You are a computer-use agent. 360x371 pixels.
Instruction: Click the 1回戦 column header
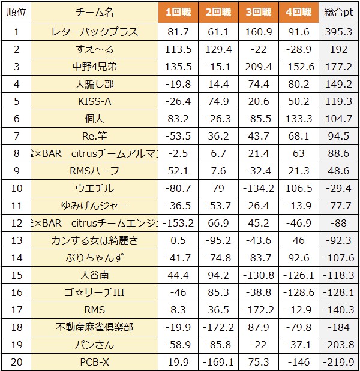(x=179, y=12)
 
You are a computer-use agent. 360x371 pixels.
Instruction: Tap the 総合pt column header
(x=338, y=12)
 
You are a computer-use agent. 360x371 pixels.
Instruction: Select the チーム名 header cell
(x=94, y=12)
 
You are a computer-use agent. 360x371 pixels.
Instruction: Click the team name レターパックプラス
(x=94, y=32)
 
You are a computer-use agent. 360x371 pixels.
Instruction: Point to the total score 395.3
(x=338, y=32)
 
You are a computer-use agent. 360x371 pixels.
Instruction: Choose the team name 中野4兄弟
(x=94, y=67)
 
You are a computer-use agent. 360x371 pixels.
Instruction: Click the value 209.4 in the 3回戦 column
(x=257, y=67)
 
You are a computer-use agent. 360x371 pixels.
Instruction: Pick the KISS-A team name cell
(x=94, y=101)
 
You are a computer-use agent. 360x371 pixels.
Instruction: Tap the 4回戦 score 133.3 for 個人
(x=298, y=119)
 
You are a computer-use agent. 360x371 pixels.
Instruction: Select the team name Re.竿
(x=94, y=136)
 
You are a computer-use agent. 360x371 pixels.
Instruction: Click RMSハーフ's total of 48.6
(x=338, y=171)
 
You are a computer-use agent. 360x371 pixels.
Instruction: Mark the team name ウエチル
(x=94, y=188)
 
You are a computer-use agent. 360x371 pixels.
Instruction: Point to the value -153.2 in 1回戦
(x=179, y=223)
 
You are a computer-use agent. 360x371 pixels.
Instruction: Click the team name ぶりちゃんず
(x=94, y=258)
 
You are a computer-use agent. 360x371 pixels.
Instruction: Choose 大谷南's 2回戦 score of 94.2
(x=218, y=275)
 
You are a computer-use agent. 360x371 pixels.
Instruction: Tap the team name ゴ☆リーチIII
(x=94, y=292)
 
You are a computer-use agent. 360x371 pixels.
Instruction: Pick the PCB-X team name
(x=94, y=362)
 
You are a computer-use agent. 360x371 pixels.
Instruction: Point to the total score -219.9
(x=338, y=362)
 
